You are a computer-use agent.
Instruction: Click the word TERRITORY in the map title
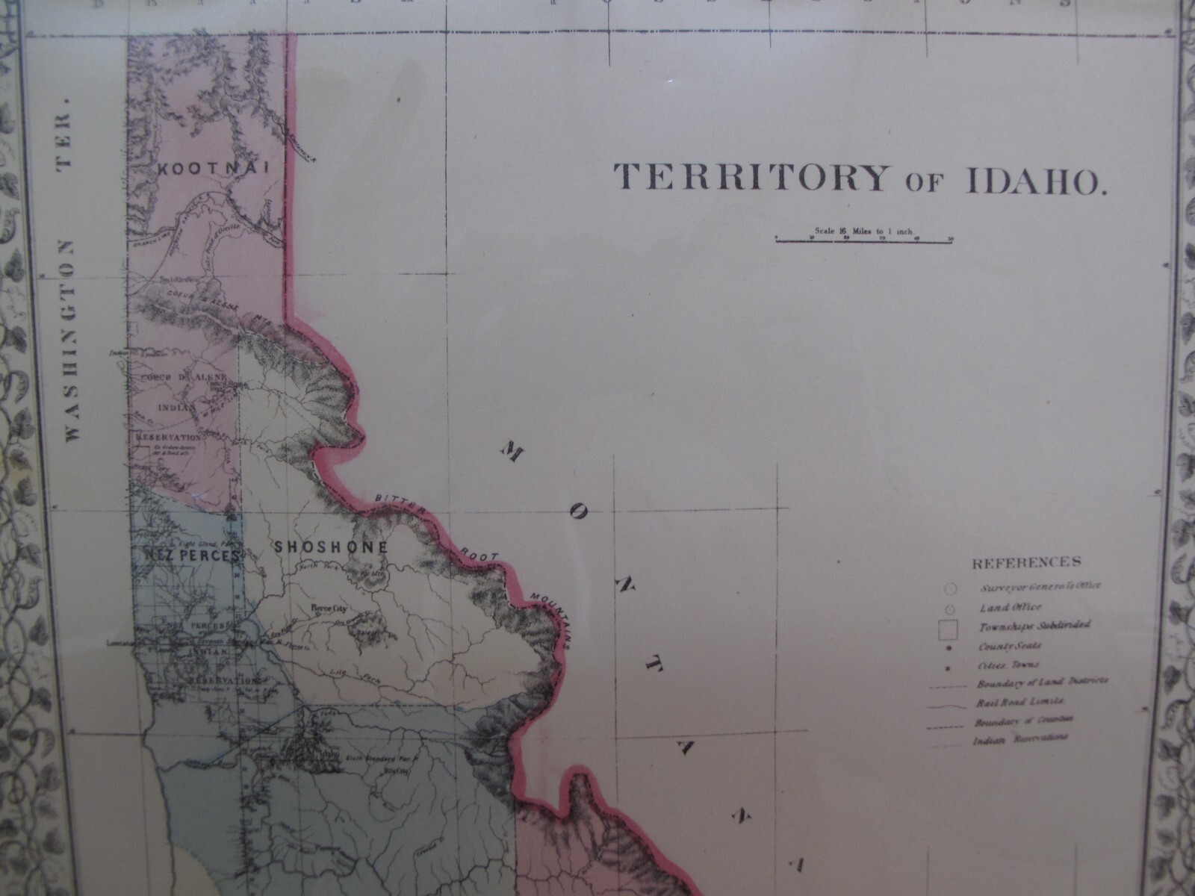751,178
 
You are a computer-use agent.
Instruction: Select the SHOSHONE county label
332,547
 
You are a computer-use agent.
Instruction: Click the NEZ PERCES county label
184,557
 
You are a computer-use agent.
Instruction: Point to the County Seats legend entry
1008,645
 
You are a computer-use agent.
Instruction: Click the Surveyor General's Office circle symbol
951,588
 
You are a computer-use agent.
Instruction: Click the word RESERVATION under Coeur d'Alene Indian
169,437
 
